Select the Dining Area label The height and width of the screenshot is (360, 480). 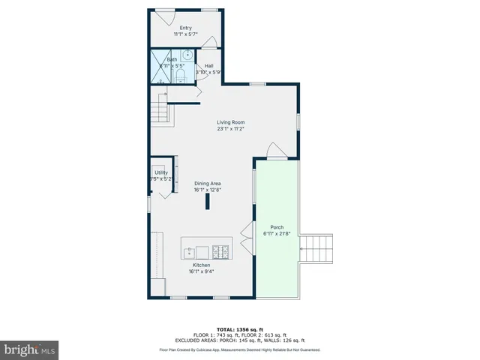click(x=208, y=184)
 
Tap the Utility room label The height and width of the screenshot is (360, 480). click(x=161, y=173)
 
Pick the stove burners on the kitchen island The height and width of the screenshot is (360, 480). click(x=223, y=250)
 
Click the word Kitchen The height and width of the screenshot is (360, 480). click(x=201, y=265)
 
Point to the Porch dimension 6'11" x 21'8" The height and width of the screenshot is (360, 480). click(x=275, y=234)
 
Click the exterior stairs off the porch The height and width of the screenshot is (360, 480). click(x=316, y=248)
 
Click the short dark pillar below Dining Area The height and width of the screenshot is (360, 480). click(x=207, y=202)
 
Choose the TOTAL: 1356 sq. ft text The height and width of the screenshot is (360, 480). click(x=239, y=329)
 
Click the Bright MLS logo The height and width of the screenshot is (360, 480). click(x=29, y=349)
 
